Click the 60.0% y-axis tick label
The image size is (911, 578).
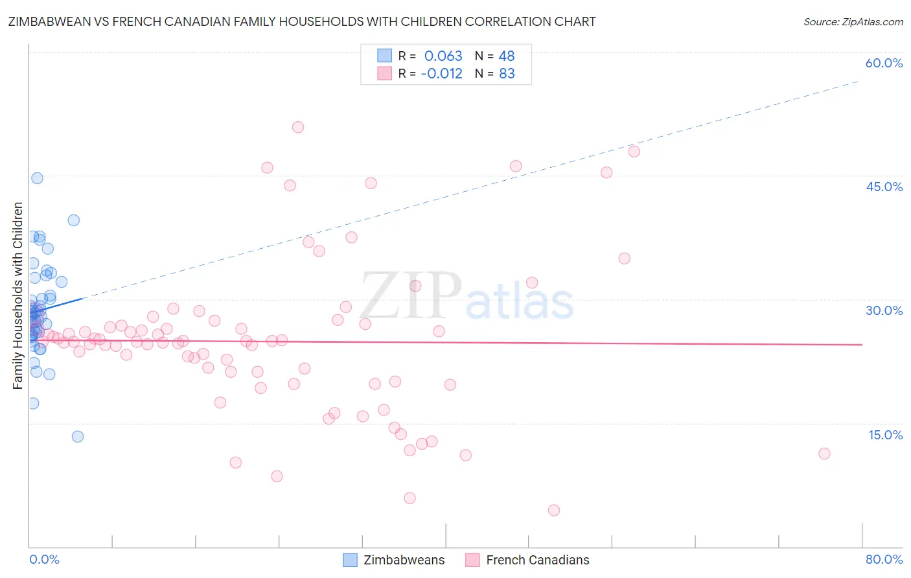pos(884,63)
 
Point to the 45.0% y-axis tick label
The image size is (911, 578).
pos(884,187)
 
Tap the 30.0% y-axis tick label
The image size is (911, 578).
pos(884,310)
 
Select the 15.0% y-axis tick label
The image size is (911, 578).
pos(885,435)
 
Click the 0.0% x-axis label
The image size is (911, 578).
pos(44,559)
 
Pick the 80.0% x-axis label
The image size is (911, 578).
pos(884,559)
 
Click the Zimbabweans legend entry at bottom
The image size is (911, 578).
pos(395,560)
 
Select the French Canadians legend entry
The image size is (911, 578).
pos(527,560)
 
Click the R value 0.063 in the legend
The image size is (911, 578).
pos(443,56)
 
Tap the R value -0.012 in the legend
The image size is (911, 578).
pos(441,73)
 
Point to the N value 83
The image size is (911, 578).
pos(507,73)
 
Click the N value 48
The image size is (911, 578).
pos(507,56)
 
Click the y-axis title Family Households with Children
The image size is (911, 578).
pos(17,295)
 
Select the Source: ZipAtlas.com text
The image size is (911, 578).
pos(853,22)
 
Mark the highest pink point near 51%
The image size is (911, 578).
pos(298,127)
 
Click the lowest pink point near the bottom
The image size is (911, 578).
pos(553,510)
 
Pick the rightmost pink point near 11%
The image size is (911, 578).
pos(824,454)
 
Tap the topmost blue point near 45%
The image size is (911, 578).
pos(37,178)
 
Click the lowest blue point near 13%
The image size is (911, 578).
pos(78,436)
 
